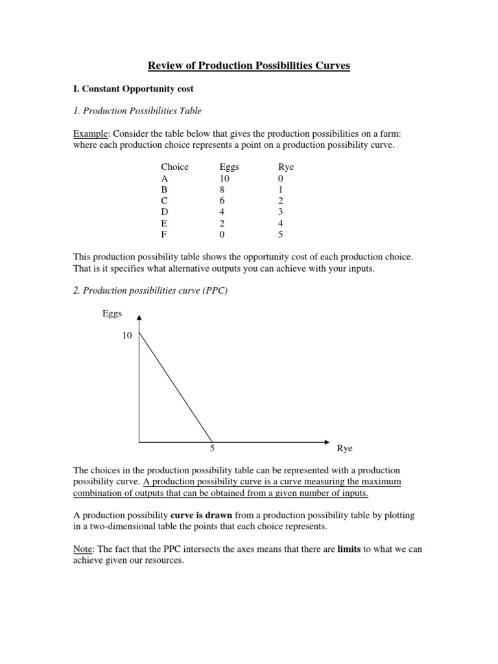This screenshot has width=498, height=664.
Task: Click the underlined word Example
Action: pyautogui.click(x=91, y=133)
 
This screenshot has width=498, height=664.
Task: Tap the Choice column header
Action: pyautogui.click(x=174, y=167)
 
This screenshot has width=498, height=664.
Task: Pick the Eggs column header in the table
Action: pyautogui.click(x=230, y=167)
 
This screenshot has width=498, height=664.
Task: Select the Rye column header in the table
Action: pyautogui.click(x=285, y=167)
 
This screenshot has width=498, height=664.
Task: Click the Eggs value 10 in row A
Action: pyautogui.click(x=225, y=178)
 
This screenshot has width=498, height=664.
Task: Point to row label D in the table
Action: pyautogui.click(x=165, y=211)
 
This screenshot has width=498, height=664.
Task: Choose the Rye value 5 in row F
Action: pyautogui.click(x=280, y=234)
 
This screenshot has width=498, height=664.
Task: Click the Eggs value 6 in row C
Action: pyautogui.click(x=223, y=200)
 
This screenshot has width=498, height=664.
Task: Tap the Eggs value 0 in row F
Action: pyautogui.click(x=223, y=234)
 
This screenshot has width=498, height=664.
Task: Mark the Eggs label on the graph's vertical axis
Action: pyautogui.click(x=112, y=314)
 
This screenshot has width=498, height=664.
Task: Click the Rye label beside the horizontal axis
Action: pyautogui.click(x=344, y=448)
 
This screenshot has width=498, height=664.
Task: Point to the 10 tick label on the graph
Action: pyautogui.click(x=127, y=335)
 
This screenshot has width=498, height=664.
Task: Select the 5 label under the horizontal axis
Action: pyautogui.click(x=212, y=448)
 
